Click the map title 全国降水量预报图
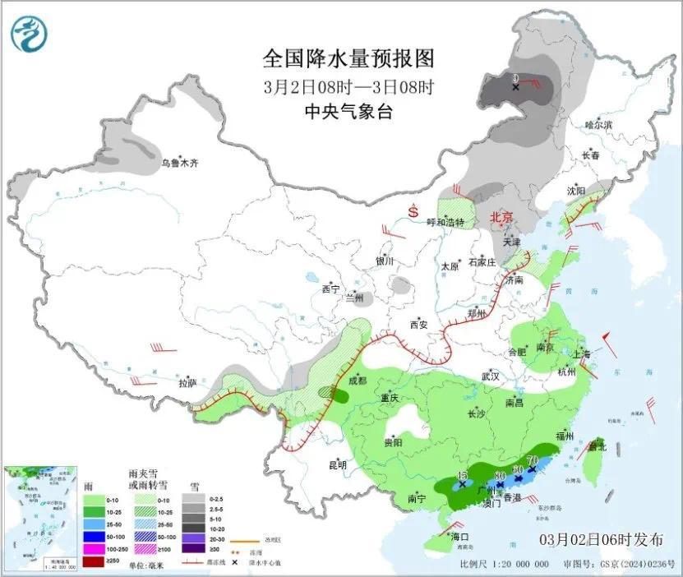point(348,59)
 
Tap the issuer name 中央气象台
point(348,112)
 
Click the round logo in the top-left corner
point(30,32)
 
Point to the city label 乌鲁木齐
point(179,164)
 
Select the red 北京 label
point(501,218)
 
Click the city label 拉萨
point(187,383)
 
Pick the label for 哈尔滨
point(599,124)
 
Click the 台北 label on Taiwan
point(597,447)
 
